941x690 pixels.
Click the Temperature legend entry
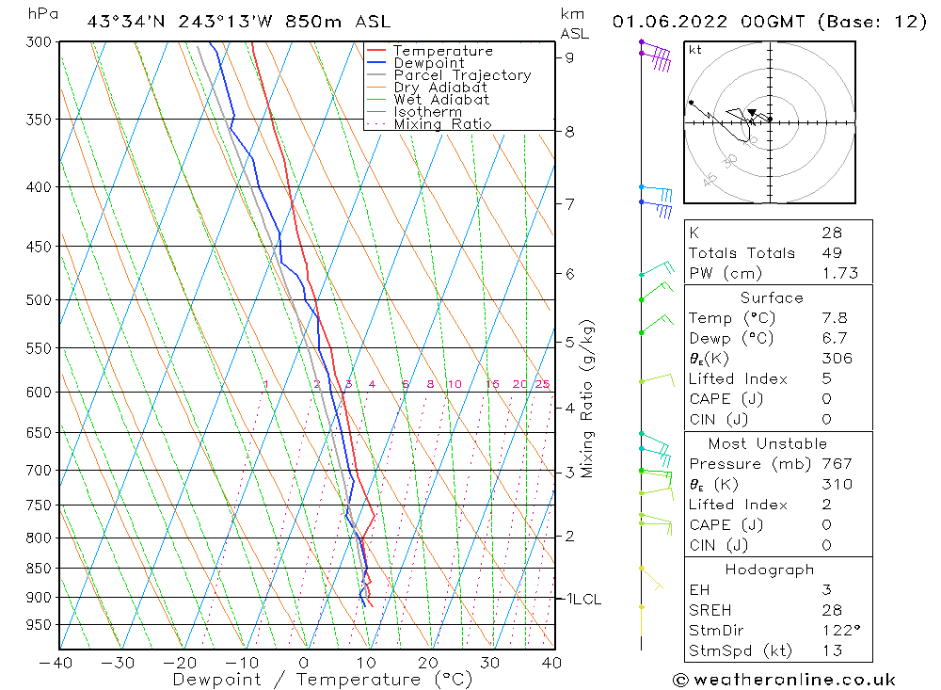click(x=442, y=51)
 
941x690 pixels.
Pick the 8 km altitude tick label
click(x=570, y=132)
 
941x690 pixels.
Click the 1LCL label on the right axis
click(x=581, y=599)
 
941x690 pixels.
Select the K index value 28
click(x=832, y=233)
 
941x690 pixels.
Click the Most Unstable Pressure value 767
click(x=837, y=464)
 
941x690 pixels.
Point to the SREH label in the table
click(x=710, y=611)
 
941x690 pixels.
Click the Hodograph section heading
click(x=770, y=570)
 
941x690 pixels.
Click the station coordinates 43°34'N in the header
click(x=124, y=22)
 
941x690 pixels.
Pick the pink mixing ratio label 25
click(x=542, y=384)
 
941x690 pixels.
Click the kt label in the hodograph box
click(x=695, y=50)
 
